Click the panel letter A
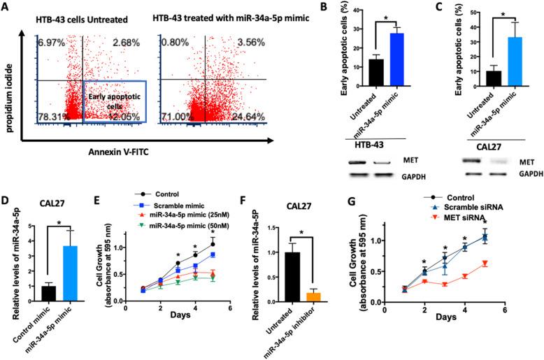[8, 8]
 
